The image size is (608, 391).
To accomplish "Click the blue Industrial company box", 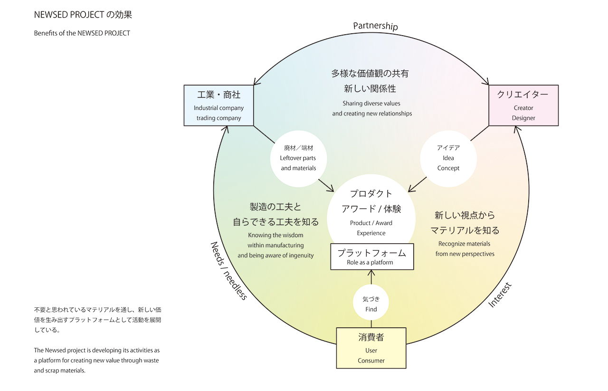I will point(218,105).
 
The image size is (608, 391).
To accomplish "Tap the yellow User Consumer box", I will point(371,348).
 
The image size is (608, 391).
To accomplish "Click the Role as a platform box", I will point(372,257).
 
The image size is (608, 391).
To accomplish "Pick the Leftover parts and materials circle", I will point(298,158).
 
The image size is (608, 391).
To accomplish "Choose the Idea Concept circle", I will point(448,158).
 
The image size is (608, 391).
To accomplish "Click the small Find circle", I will point(371,304).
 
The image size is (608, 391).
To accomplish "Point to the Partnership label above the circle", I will point(375,26).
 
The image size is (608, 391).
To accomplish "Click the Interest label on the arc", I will point(500,295).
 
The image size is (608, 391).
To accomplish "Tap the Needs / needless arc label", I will point(228,270).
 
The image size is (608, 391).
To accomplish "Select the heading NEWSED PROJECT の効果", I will point(83,15).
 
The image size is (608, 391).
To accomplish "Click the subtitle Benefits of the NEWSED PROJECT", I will point(82,33).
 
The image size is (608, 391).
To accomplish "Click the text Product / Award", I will point(371,223).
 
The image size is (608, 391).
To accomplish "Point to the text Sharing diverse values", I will point(371,103).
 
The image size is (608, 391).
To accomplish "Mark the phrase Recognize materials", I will point(464,244).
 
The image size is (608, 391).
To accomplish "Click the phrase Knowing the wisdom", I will point(275,235).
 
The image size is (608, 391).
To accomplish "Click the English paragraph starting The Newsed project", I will point(96,360).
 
